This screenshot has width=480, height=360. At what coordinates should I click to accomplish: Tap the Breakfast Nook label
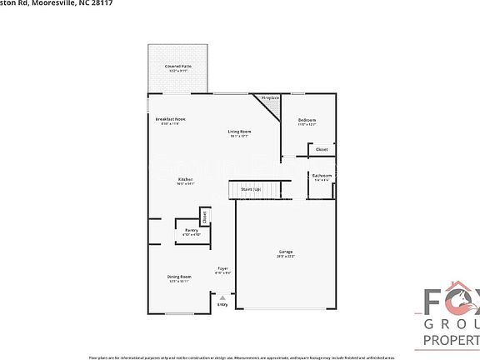pos(170,119)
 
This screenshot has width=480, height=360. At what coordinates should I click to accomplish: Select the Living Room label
pos(240,132)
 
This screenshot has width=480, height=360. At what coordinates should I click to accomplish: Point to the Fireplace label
pos(269,98)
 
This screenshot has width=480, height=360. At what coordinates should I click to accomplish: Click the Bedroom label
pos(307,120)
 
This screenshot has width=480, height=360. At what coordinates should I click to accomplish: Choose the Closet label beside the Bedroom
pos(322,149)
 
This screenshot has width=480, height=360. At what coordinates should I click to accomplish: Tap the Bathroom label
pos(322,176)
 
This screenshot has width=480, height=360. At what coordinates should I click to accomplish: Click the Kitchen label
pos(186,180)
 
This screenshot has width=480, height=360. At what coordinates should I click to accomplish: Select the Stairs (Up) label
pos(251,190)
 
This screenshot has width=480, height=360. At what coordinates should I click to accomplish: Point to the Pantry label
pos(191,230)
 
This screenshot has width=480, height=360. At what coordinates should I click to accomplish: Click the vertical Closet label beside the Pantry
pos(204,218)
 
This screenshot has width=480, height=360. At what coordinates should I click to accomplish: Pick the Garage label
pos(286,252)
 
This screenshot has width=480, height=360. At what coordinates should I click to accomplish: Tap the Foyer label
pos(222,268)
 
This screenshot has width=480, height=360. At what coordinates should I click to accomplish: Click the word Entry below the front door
pos(222,304)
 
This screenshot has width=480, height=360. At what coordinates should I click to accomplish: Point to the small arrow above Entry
pos(222,297)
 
